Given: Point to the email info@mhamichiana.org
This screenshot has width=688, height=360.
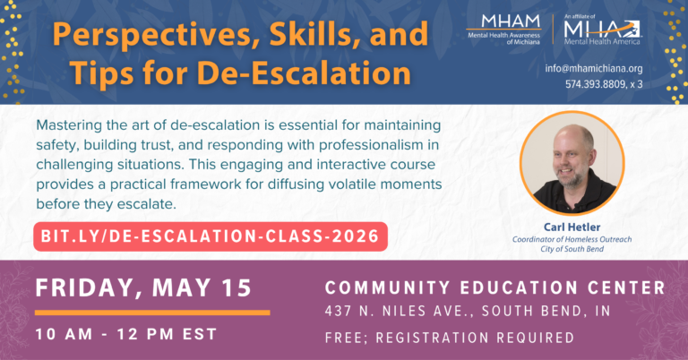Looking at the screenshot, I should tap(606, 68).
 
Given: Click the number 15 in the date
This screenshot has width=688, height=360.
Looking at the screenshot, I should tap(236, 289).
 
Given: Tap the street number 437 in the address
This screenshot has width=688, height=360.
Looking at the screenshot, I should tap(339, 313).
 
